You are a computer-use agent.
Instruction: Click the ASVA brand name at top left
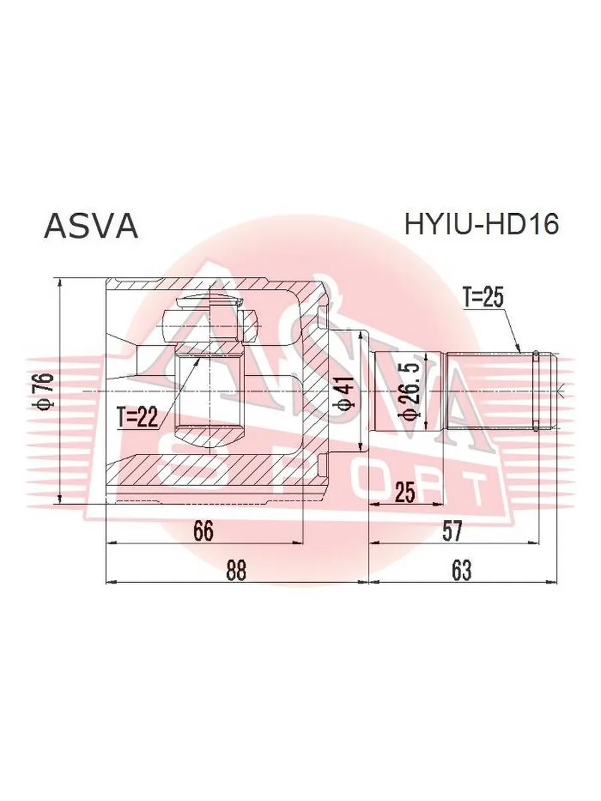click(x=91, y=226)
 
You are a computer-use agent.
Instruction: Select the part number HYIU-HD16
click(x=481, y=224)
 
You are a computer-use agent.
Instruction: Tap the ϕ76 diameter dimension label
click(x=47, y=390)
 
